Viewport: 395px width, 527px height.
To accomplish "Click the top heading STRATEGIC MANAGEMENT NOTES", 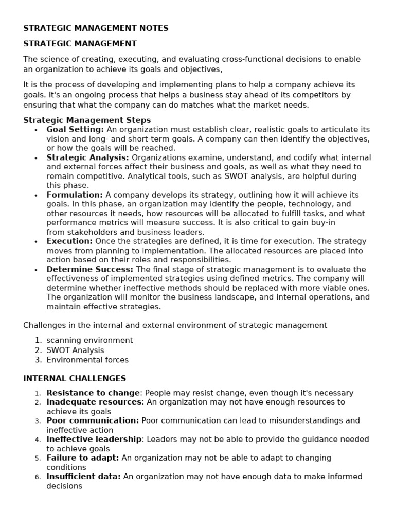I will (96, 28).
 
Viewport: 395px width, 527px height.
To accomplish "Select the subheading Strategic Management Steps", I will (87, 120).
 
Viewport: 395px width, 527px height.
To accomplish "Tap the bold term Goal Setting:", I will (75, 130).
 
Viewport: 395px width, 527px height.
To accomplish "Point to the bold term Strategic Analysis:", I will (88, 157).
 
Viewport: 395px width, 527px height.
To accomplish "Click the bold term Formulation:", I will (75, 195).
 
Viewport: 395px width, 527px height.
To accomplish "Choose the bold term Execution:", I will (69, 241).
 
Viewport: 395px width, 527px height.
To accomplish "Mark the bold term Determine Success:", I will (89, 269).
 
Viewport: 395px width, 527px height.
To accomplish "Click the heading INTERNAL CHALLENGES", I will (75, 378).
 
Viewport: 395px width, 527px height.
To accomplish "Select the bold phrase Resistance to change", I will (93, 393).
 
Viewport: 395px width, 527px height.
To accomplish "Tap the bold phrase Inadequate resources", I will (94, 402).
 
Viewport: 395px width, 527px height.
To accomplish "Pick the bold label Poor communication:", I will (93, 420).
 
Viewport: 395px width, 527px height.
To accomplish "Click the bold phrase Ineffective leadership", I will (94, 439).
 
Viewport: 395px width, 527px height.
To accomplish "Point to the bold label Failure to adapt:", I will (82, 458).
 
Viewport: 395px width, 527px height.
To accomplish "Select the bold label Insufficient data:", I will (83, 477).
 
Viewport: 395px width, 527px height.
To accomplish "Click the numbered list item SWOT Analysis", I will (75, 350).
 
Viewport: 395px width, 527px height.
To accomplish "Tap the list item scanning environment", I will (89, 340).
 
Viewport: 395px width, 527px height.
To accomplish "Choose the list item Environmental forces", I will (87, 360).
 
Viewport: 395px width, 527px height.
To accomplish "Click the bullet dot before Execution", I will (35, 242).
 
